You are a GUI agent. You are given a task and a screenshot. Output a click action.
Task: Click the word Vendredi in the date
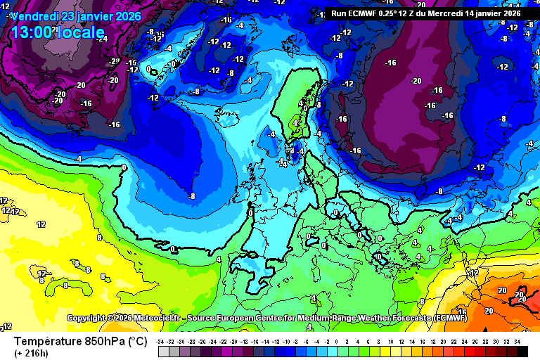(36, 16)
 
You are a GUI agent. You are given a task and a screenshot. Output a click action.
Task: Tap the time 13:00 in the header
(31, 32)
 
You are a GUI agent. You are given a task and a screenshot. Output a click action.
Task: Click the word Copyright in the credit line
(90, 319)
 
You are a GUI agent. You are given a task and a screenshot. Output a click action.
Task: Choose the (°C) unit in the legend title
(136, 341)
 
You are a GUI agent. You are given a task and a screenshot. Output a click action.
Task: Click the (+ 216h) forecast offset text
(31, 352)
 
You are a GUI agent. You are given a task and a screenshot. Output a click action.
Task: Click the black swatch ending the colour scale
(521, 351)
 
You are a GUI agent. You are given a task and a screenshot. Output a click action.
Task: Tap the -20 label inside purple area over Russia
(416, 81)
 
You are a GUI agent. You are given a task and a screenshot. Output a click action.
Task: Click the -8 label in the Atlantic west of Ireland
(192, 196)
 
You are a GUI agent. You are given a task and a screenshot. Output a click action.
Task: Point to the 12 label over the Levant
(475, 272)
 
